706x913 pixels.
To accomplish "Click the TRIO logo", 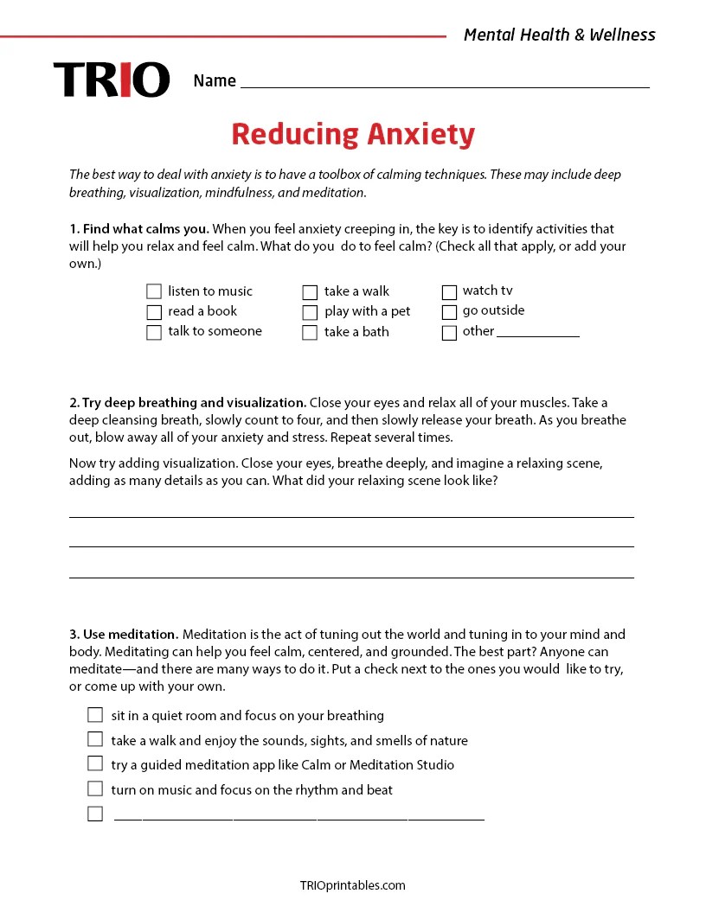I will tap(112, 80).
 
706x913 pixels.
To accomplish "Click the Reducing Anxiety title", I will tap(353, 135).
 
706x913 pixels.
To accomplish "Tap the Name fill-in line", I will tap(445, 83).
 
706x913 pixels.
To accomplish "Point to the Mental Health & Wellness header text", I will tap(559, 35).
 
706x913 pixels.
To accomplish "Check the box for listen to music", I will tap(154, 291).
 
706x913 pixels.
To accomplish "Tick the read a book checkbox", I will tap(154, 312).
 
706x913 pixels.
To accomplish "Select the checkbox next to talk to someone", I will tap(154, 333).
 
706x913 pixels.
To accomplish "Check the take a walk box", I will tap(310, 292).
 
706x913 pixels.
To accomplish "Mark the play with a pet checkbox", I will tap(310, 312).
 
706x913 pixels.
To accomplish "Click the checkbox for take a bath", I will tap(310, 333).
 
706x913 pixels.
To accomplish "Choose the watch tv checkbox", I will tap(449, 292).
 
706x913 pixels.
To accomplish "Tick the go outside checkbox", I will tap(449, 312).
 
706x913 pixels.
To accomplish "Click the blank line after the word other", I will tap(538, 334).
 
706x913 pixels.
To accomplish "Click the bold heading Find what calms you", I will tap(139, 229).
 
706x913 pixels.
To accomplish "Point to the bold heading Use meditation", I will tap(124, 635).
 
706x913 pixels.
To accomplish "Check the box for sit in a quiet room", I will tap(95, 715).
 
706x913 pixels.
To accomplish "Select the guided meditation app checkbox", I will tap(95, 763).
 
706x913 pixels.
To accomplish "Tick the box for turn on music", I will tap(95, 788).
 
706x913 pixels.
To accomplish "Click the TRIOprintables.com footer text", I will tap(352, 885).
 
